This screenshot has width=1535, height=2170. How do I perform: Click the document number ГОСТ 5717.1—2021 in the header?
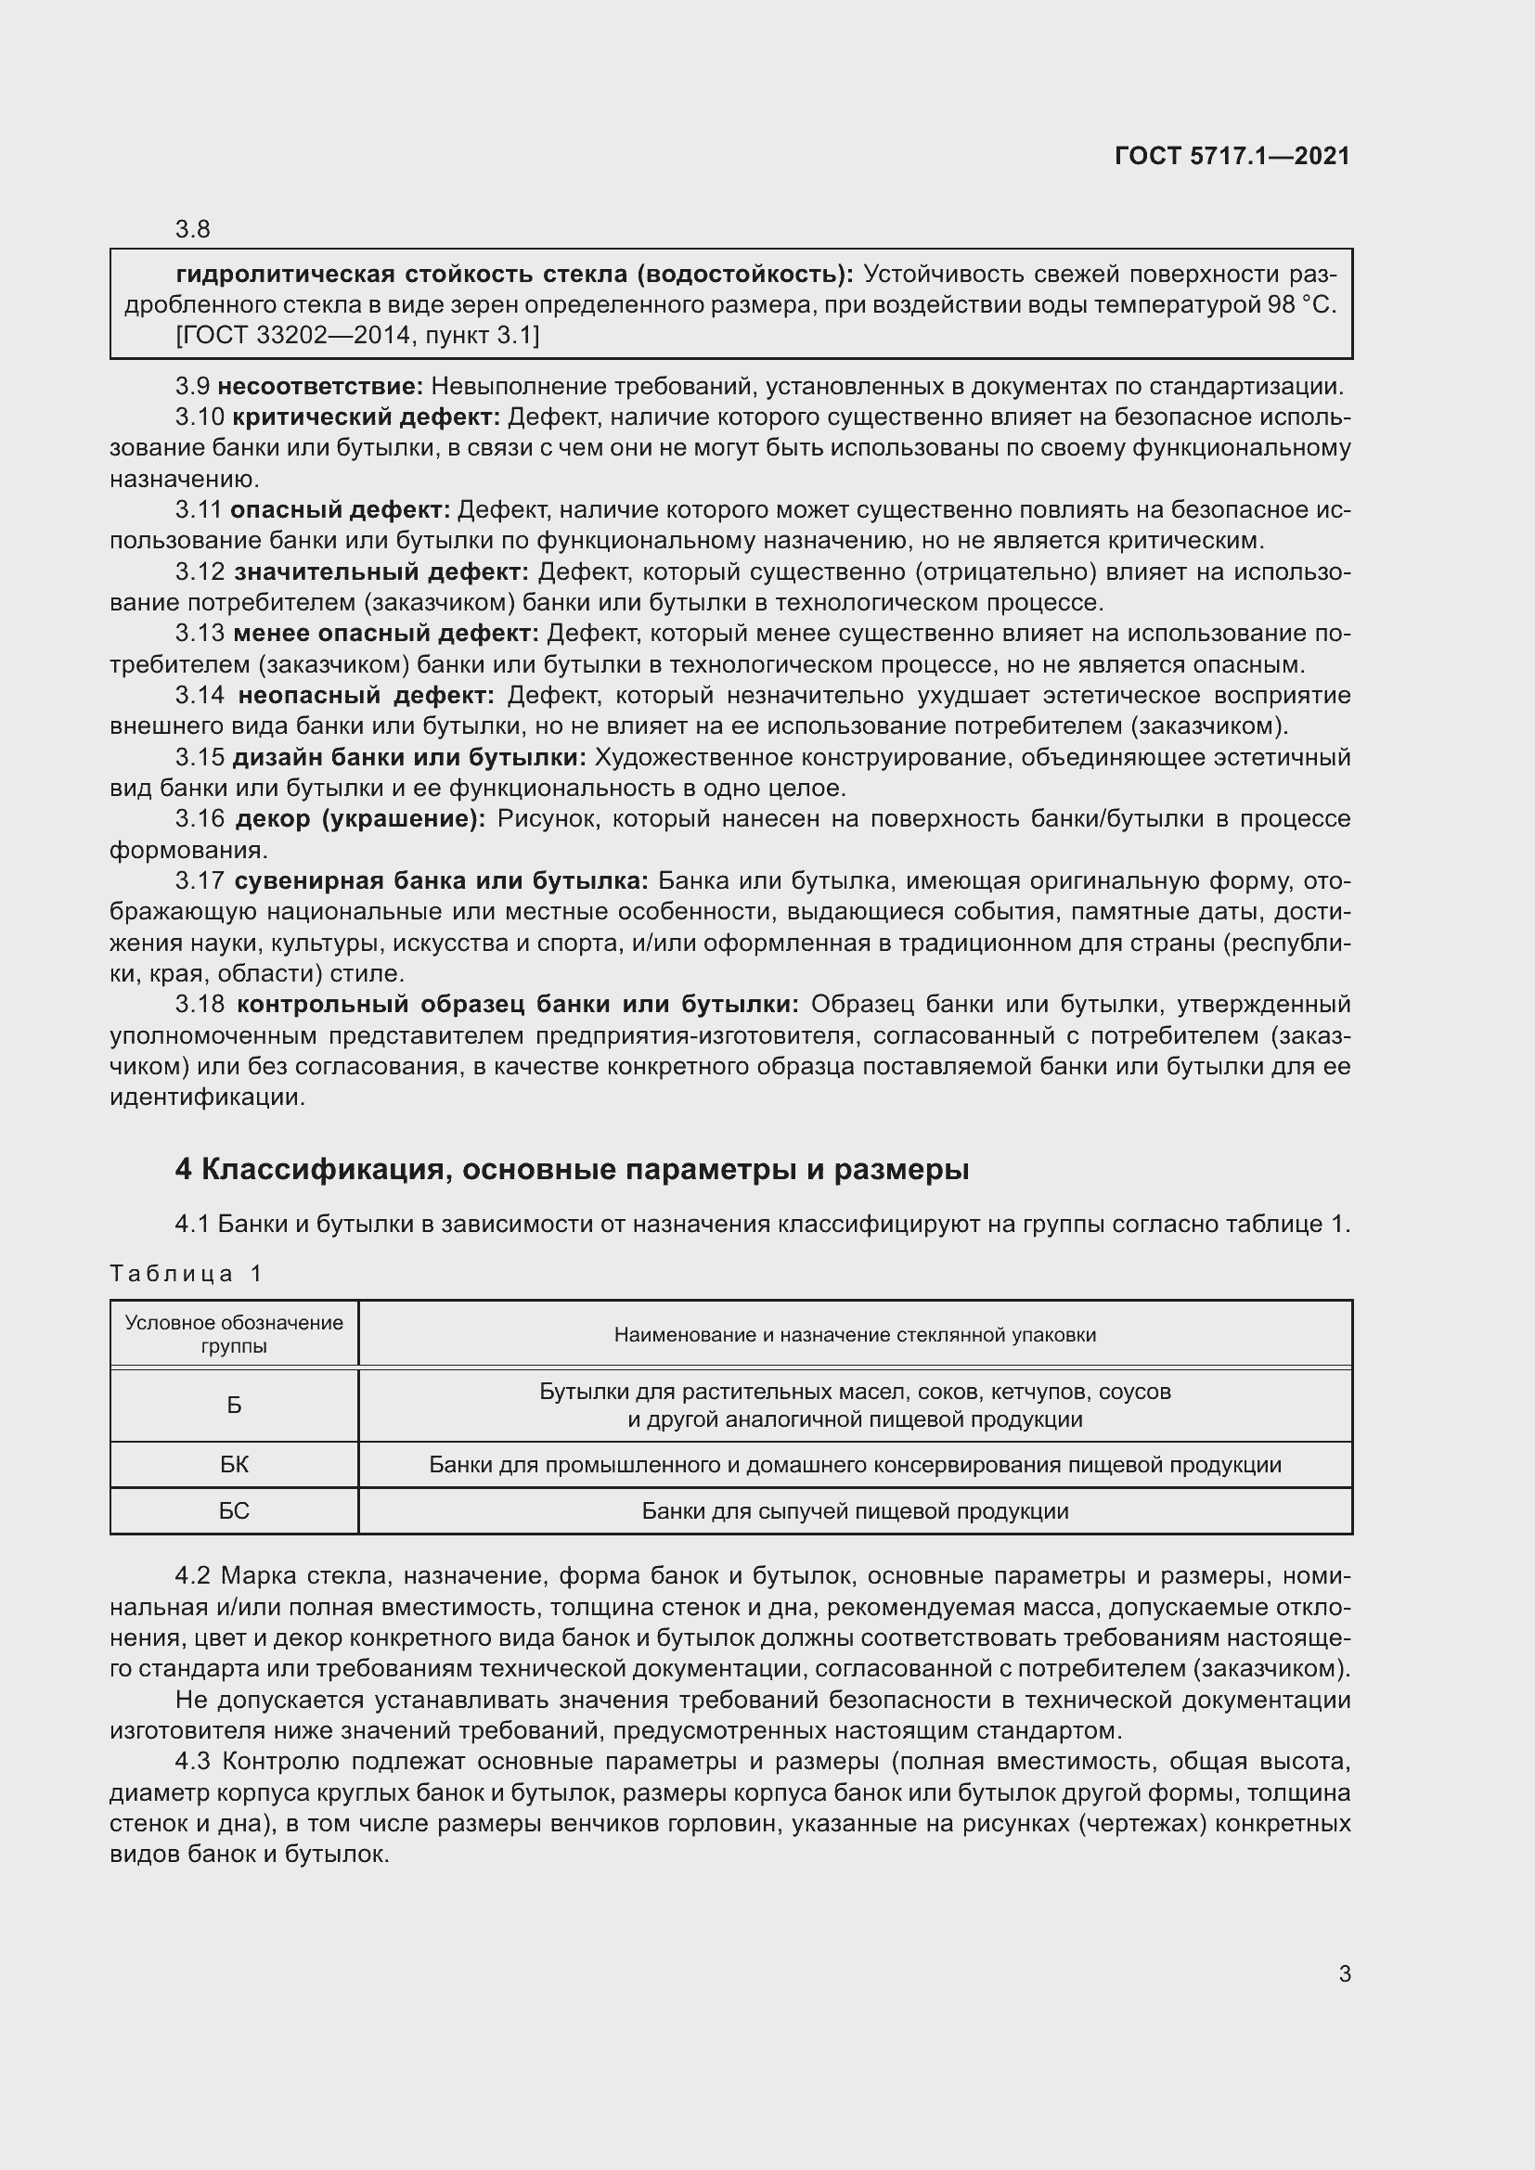click(x=1232, y=156)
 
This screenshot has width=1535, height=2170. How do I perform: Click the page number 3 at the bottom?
click(x=1344, y=1973)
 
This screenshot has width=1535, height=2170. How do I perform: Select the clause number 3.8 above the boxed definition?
click(x=192, y=229)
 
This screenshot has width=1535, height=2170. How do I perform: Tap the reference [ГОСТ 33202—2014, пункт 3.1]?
click(x=357, y=336)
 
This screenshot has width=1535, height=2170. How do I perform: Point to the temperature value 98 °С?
click(x=1300, y=305)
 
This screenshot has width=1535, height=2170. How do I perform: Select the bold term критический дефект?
click(x=366, y=417)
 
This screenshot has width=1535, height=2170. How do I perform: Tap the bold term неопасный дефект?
click(x=366, y=696)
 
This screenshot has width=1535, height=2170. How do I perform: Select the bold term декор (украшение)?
click(x=360, y=818)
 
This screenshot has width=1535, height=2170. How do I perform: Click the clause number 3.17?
click(x=200, y=880)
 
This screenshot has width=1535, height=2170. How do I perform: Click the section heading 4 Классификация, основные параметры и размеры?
click(x=572, y=1169)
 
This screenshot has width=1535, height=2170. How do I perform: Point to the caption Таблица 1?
click(x=186, y=1273)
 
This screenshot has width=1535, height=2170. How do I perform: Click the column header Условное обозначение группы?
click(x=234, y=1333)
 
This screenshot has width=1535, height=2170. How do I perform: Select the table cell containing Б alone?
click(x=234, y=1406)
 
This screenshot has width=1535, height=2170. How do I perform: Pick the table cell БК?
click(x=234, y=1465)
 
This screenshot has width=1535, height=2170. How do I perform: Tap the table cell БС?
click(x=234, y=1510)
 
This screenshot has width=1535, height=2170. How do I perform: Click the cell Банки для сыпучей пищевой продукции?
click(x=855, y=1510)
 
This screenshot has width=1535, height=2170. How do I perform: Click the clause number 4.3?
click(x=194, y=1762)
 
